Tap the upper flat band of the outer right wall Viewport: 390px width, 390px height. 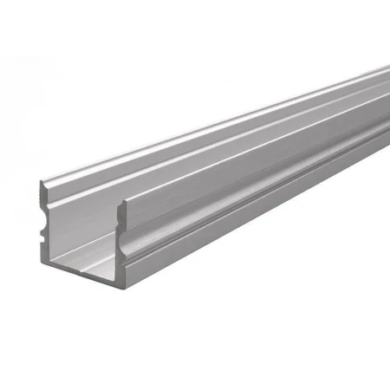click(260, 156)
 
